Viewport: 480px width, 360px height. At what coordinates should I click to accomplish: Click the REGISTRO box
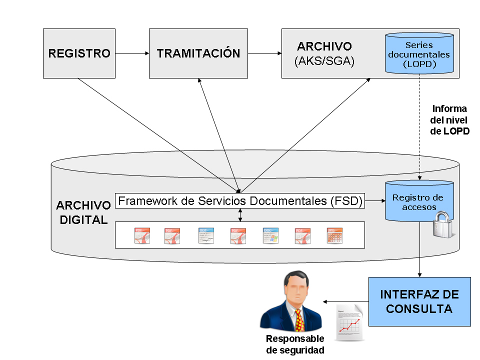coord(79,53)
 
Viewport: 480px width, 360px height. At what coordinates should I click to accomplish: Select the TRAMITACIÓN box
coord(198,53)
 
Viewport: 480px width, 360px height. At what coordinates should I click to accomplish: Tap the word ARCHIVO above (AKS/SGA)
coord(324,46)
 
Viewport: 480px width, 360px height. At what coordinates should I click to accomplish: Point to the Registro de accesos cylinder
coord(418,201)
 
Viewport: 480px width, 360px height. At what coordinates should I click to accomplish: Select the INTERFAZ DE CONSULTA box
coord(419,301)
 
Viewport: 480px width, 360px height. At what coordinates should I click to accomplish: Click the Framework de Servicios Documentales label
coord(240,201)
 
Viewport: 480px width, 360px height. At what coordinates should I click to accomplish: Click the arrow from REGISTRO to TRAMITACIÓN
coord(131,52)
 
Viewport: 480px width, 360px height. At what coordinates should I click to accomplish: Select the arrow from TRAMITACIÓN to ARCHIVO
coord(264,52)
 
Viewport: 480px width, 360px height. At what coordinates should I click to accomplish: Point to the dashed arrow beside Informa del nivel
coord(419,130)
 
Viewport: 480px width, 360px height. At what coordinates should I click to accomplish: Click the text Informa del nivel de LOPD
coord(449,120)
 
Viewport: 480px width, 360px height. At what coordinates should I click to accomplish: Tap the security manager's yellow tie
coord(299,320)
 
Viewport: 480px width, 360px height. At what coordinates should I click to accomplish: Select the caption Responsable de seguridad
coord(295,344)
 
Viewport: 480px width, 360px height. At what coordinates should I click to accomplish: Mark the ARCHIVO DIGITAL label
coord(83,212)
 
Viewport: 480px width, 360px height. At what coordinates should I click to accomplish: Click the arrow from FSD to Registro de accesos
coord(374,201)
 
